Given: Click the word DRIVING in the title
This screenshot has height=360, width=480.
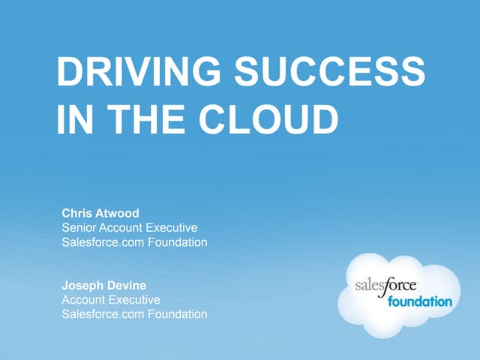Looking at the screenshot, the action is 138,71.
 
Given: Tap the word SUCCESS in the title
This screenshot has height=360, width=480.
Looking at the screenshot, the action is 330,71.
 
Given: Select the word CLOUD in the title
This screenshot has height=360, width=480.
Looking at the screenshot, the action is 268,118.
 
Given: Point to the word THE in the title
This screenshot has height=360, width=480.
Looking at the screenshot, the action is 146,118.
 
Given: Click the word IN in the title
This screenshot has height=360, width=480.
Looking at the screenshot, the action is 75,118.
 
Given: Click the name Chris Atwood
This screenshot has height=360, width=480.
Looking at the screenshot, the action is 100,213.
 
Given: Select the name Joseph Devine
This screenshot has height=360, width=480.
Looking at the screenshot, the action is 104,286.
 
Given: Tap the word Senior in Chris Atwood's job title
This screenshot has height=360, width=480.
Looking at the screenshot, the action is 79,228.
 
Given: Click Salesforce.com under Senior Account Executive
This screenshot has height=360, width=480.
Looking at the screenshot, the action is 103,242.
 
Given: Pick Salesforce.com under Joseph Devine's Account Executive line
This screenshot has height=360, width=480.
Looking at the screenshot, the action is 103,314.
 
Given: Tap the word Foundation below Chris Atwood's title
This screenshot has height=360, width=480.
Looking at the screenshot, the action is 178,242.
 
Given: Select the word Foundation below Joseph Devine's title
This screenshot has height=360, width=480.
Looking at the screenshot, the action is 178,314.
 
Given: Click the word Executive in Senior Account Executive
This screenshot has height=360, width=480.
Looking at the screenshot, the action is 172,228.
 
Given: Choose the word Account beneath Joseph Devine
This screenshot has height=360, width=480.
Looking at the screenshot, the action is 82,300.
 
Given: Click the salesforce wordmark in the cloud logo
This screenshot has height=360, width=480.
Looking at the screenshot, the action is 385,286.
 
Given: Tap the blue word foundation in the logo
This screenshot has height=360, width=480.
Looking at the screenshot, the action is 420,301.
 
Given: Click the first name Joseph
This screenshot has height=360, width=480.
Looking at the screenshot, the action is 82,286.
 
